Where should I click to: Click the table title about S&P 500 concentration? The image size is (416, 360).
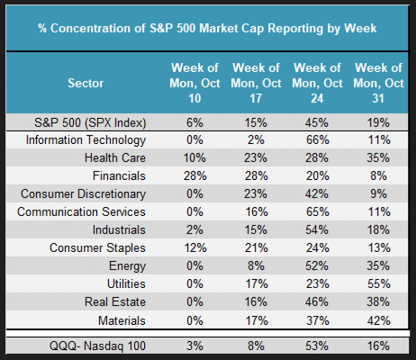[207, 29]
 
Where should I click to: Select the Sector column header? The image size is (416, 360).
[86, 83]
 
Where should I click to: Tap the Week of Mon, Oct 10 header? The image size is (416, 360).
[194, 83]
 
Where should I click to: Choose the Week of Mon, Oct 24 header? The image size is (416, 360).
[317, 83]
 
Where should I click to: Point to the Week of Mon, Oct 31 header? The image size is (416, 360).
[378, 83]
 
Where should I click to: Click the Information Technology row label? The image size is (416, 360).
[86, 140]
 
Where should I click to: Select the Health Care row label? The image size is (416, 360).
[115, 157]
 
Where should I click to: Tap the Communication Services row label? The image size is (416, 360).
[81, 211]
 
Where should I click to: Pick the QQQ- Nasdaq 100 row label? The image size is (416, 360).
[97, 346]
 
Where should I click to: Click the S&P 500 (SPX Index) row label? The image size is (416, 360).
[90, 122]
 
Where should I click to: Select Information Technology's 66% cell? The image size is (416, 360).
[317, 140]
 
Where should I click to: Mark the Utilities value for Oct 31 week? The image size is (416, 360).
[378, 283]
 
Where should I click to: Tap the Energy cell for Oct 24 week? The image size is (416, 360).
[317, 265]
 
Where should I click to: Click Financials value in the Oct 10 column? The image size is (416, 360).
[194, 175]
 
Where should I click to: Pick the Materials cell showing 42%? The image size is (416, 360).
[378, 320]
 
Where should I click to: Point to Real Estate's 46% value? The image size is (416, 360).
[317, 301]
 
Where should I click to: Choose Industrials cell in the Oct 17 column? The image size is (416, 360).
[256, 229]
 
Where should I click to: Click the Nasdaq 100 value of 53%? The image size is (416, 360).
[317, 346]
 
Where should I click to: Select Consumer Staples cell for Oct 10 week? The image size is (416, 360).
[194, 247]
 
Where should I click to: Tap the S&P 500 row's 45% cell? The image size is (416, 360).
[317, 122]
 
